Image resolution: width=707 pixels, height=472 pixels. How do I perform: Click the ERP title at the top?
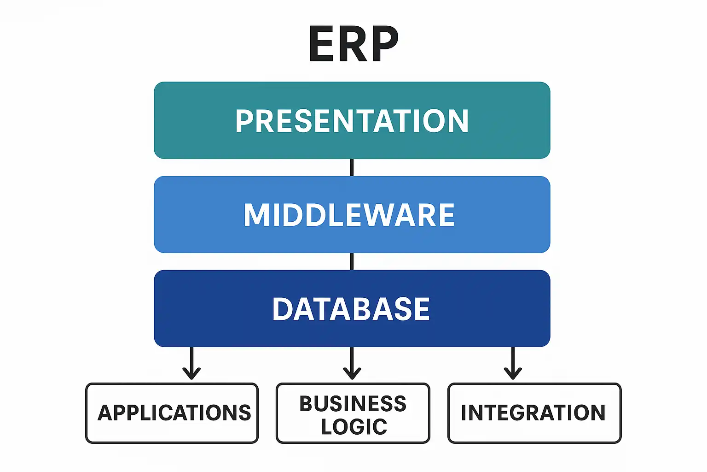[x=353, y=44]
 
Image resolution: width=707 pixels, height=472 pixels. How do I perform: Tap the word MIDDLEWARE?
[x=349, y=215]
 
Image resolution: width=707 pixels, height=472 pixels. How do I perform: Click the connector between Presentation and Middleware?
[x=352, y=167]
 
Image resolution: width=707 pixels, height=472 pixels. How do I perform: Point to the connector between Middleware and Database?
[x=352, y=261]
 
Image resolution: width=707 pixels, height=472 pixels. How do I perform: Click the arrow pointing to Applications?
[x=191, y=364]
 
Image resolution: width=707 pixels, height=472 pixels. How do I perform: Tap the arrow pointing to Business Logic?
[x=352, y=364]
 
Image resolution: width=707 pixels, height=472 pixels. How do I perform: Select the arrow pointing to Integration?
[x=513, y=364]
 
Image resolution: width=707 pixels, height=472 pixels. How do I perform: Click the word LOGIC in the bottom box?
[x=354, y=427]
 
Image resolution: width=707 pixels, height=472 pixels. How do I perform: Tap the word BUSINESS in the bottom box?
[x=353, y=404]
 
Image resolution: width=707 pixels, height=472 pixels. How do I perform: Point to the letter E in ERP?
[x=322, y=44]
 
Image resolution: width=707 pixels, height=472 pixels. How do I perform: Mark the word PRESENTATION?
[x=352, y=121]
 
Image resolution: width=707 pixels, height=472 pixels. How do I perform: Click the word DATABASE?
[x=351, y=309]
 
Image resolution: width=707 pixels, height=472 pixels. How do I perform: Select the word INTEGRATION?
[x=533, y=413]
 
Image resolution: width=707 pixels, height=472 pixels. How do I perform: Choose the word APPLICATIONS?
[x=174, y=413]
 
